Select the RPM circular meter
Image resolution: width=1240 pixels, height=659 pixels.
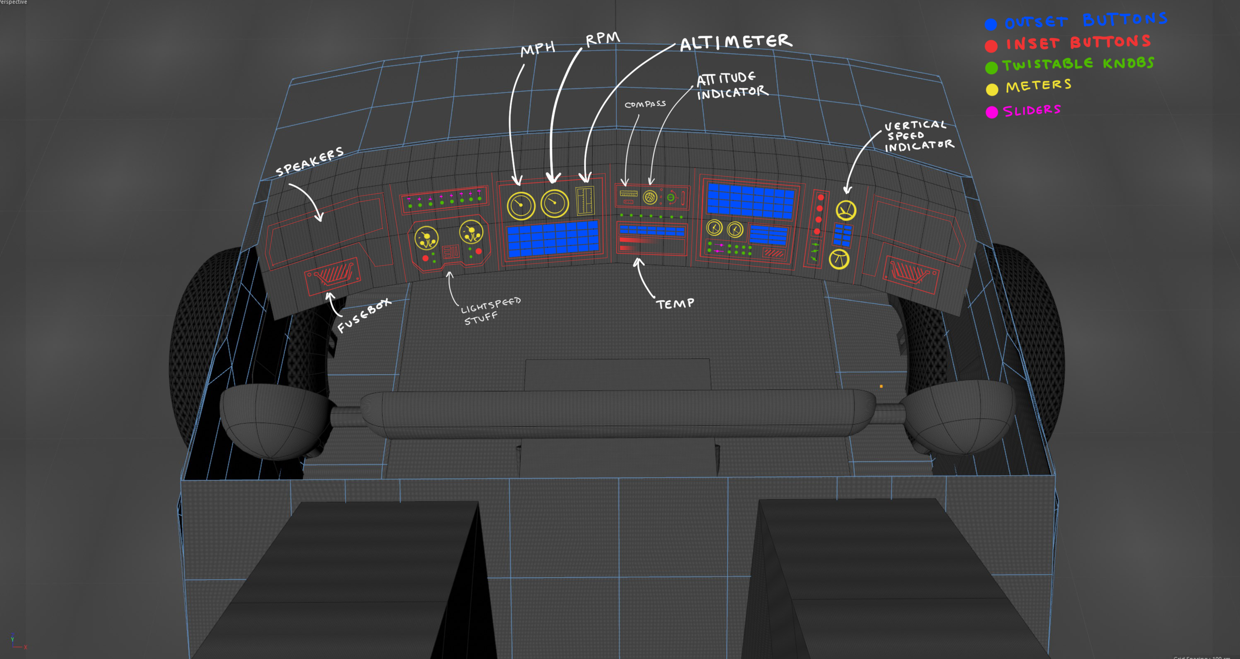(554, 203)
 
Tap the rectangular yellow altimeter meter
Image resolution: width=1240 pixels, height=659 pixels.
(585, 200)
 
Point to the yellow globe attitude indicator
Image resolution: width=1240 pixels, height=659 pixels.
(650, 198)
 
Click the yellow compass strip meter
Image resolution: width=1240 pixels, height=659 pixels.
(628, 194)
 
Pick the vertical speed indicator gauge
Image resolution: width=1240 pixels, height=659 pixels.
(846, 210)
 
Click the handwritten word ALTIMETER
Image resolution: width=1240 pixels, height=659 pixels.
(736, 42)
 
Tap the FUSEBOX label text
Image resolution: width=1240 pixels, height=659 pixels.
(364, 316)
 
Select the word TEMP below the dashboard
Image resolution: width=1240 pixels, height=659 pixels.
(675, 303)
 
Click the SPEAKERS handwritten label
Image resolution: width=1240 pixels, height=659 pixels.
(310, 161)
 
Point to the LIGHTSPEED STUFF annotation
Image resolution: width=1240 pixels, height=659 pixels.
(490, 311)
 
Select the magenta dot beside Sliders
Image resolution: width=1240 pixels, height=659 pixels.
(992, 112)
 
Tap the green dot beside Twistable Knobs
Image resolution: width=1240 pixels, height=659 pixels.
(991, 67)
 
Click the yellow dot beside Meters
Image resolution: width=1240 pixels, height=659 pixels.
(992, 90)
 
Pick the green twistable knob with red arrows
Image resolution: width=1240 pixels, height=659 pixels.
(671, 198)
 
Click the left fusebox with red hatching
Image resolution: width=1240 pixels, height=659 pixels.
(332, 274)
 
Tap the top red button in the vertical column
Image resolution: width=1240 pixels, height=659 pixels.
(820, 198)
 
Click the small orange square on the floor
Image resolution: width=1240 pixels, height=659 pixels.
(881, 386)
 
